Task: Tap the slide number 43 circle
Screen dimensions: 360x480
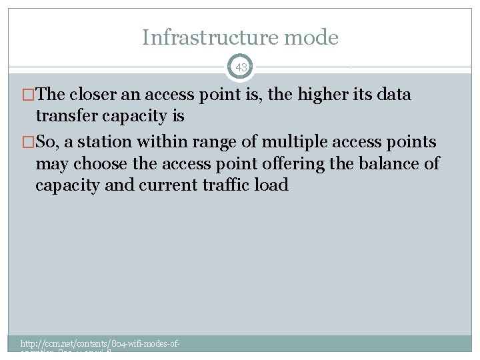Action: coord(241,67)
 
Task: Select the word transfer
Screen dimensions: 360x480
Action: coord(66,116)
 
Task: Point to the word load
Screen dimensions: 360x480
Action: coord(273,185)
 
